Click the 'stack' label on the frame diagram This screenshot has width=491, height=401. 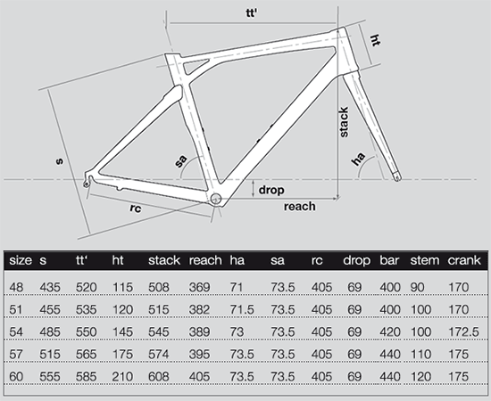(x=344, y=122)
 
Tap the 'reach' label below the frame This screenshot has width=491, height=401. (x=300, y=206)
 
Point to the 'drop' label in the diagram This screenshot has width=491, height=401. (x=271, y=190)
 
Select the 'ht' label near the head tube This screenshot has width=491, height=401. (x=375, y=40)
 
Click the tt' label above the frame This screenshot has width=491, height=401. (x=251, y=13)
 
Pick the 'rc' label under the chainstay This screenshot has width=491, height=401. (x=136, y=208)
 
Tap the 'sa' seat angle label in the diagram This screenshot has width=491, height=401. (x=180, y=161)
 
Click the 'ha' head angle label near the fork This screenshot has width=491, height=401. (x=358, y=159)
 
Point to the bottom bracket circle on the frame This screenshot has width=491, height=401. (x=216, y=199)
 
